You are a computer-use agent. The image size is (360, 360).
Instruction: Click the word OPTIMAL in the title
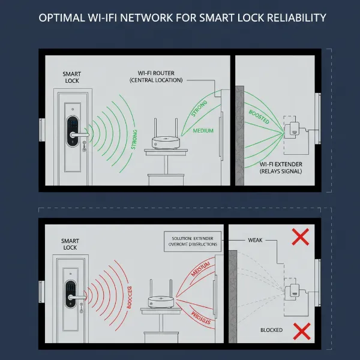(x=62, y=18)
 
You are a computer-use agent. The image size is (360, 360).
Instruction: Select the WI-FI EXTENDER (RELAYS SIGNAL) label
(x=284, y=167)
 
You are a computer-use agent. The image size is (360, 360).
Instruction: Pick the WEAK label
(x=255, y=240)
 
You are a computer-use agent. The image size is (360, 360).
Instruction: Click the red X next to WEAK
(x=299, y=237)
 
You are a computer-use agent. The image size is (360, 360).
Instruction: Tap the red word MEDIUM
(x=200, y=272)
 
